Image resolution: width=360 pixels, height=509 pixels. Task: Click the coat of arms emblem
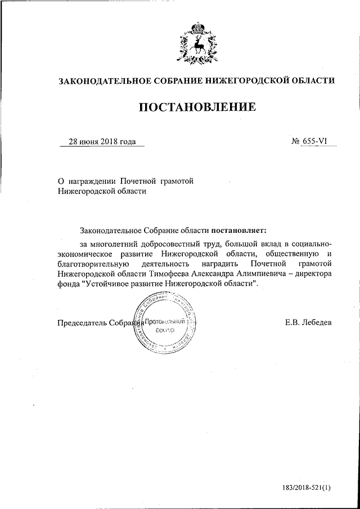[x=196, y=43]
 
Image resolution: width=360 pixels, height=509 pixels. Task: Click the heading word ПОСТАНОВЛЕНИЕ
[x=197, y=106]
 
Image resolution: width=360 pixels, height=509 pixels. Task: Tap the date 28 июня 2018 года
[x=102, y=142]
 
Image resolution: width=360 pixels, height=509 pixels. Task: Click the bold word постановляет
[x=240, y=230]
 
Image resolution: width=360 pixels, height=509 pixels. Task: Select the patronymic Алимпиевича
[x=254, y=273]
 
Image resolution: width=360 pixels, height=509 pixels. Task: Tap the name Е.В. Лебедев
[x=308, y=322]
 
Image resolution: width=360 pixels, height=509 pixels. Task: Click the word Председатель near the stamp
[x=82, y=322]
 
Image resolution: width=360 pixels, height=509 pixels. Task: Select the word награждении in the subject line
[x=93, y=181]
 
